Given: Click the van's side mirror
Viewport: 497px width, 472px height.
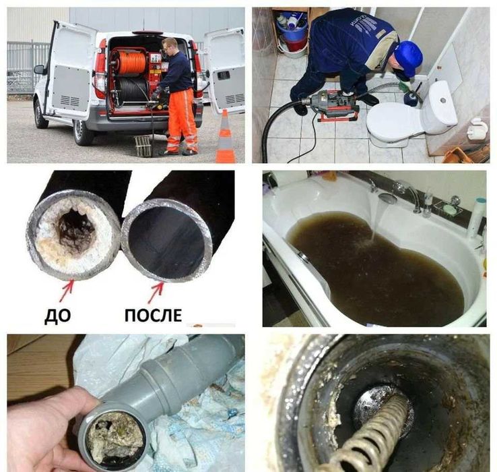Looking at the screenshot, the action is (x=40, y=69).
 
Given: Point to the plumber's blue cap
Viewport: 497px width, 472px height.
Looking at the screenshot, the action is (x=409, y=58).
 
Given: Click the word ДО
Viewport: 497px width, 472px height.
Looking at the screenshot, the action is (x=57, y=316).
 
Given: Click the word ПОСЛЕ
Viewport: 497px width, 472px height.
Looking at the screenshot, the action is (x=153, y=316).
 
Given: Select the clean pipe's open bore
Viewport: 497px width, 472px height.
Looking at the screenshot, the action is (x=167, y=243).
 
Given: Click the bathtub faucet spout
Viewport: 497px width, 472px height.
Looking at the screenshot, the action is (x=387, y=198).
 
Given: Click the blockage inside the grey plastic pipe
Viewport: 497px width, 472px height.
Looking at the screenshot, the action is (x=113, y=435).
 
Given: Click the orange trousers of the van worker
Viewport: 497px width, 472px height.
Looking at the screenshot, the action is (x=180, y=121).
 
